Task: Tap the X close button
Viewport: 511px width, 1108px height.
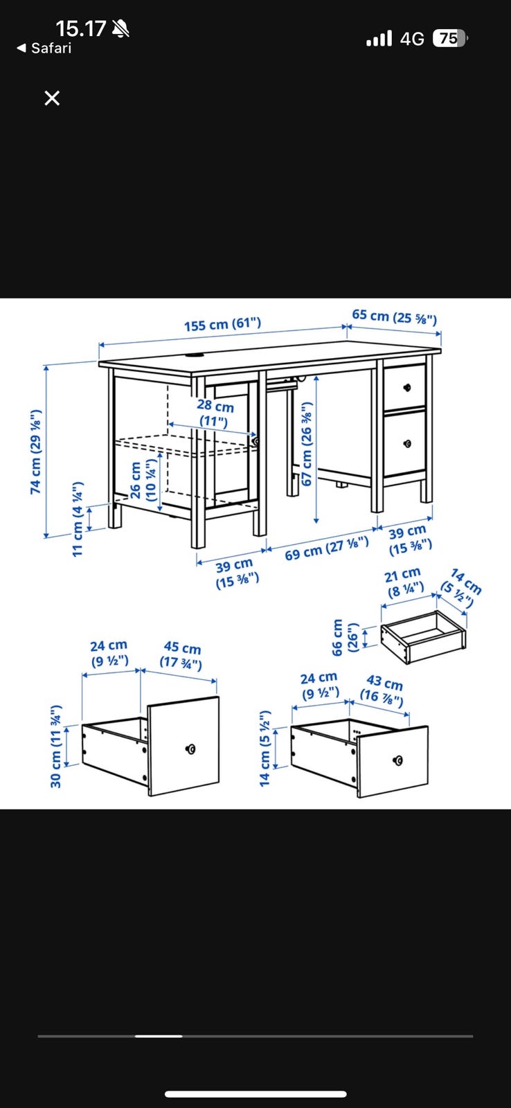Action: (x=52, y=98)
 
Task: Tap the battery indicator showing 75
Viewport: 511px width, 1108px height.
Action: (x=449, y=39)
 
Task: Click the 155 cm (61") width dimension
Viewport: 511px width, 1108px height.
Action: (x=222, y=325)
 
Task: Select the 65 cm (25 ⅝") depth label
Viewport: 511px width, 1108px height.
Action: (x=394, y=316)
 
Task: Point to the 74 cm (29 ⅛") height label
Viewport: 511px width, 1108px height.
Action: (x=35, y=452)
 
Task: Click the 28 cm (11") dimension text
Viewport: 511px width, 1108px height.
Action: (x=215, y=413)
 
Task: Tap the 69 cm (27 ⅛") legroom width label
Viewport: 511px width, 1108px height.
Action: (x=327, y=548)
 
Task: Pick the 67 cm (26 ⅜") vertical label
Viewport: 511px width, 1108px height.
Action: (x=307, y=443)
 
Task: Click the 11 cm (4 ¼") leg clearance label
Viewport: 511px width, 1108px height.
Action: (x=78, y=519)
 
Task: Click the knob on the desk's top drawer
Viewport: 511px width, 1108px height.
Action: (x=407, y=387)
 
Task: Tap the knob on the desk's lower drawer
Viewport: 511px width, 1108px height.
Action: (x=407, y=444)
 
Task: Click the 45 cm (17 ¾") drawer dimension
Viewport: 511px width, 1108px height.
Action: (x=181, y=655)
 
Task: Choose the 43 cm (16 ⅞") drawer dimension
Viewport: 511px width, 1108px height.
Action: (x=382, y=690)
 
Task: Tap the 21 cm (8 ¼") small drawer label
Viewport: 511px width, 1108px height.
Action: (x=403, y=582)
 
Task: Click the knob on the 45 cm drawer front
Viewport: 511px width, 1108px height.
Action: (x=190, y=749)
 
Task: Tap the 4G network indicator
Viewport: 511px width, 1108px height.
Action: (x=412, y=39)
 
